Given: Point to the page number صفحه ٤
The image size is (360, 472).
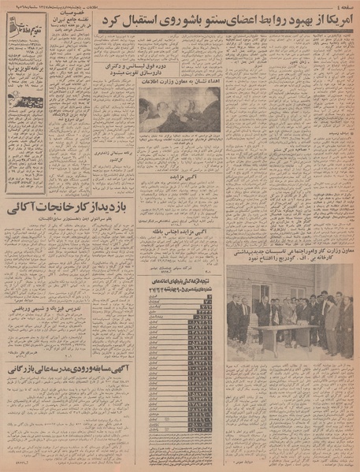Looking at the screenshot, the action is (x=339, y=7).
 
